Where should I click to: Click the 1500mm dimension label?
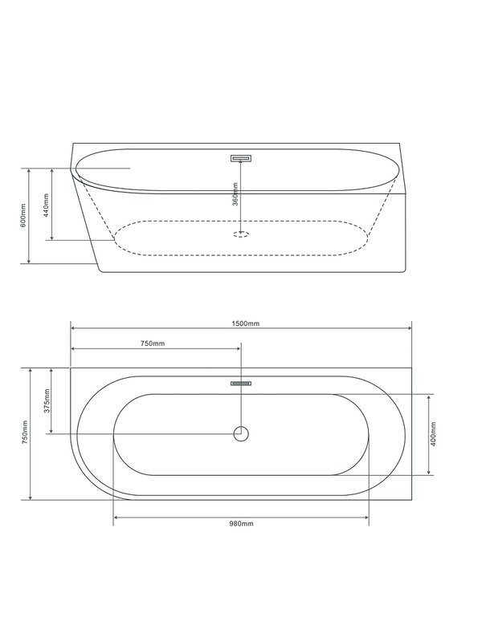[x=246, y=323]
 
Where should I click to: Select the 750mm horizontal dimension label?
[x=153, y=343]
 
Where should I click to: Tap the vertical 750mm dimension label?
[x=25, y=433]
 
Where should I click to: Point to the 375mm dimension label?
[x=47, y=400]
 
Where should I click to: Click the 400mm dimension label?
[x=433, y=434]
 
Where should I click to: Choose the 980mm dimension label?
[x=241, y=524]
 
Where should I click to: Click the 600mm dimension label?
[x=23, y=215]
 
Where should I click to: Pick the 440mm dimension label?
[x=47, y=205]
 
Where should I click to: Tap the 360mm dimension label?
[x=235, y=194]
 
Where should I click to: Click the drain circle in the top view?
[x=241, y=433]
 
